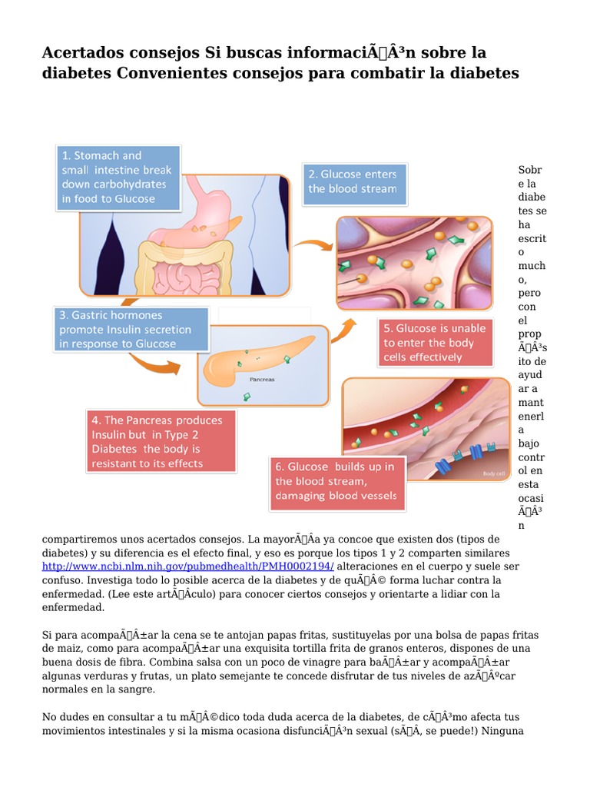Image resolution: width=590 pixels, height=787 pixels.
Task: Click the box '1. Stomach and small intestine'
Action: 117,178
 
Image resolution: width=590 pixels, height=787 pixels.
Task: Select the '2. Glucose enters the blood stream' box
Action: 353,182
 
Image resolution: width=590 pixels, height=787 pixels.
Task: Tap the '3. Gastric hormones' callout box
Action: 131,330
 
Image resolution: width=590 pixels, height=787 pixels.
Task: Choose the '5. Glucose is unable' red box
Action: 436,343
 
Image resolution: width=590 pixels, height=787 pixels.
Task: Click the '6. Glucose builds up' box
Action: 336,481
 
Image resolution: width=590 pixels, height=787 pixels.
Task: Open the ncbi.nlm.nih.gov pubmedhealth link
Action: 187,566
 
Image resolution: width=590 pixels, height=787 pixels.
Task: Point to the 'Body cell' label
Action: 494,474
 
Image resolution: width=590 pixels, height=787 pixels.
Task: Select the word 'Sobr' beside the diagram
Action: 530,170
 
